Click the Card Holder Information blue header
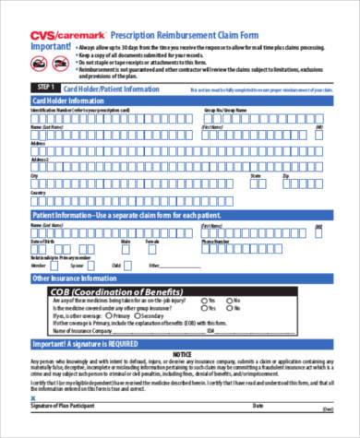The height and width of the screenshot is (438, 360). click(x=70, y=100)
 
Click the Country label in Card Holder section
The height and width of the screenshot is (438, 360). click(x=38, y=193)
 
